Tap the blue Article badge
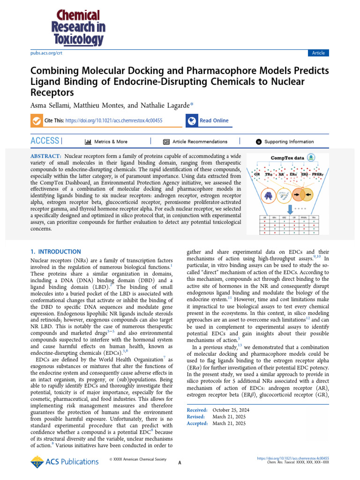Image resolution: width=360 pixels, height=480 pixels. [x=318, y=53]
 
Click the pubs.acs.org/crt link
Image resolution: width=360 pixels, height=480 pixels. [x=46, y=53]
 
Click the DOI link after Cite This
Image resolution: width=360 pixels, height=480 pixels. [x=114, y=121]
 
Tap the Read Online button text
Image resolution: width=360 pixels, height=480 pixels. [x=214, y=121]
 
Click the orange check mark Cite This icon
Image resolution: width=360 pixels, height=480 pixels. [x=36, y=121]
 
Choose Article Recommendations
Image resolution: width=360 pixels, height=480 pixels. [x=200, y=142]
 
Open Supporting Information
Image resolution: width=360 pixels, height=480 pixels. [x=289, y=142]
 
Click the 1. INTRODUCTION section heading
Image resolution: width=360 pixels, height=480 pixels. [x=55, y=252]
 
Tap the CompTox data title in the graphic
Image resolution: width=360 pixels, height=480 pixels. [x=288, y=158]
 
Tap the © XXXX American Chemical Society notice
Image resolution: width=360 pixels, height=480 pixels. [x=137, y=459]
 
